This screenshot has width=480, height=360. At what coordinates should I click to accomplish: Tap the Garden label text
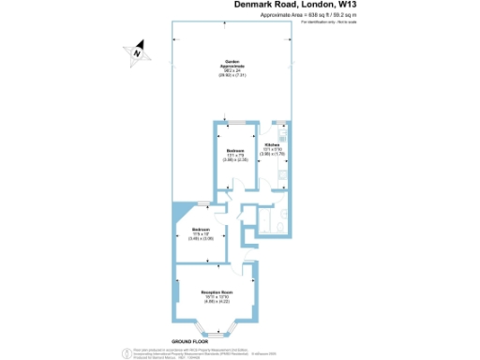[x=234, y=64]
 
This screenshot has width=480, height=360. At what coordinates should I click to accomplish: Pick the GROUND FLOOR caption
[x=187, y=339]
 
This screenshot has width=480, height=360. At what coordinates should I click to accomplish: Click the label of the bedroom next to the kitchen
[x=235, y=151]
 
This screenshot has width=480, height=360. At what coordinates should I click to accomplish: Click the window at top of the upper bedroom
[x=235, y=122]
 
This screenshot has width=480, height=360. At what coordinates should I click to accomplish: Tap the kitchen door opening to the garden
[x=278, y=122]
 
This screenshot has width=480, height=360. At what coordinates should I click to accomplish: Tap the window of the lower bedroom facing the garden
[x=202, y=206]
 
